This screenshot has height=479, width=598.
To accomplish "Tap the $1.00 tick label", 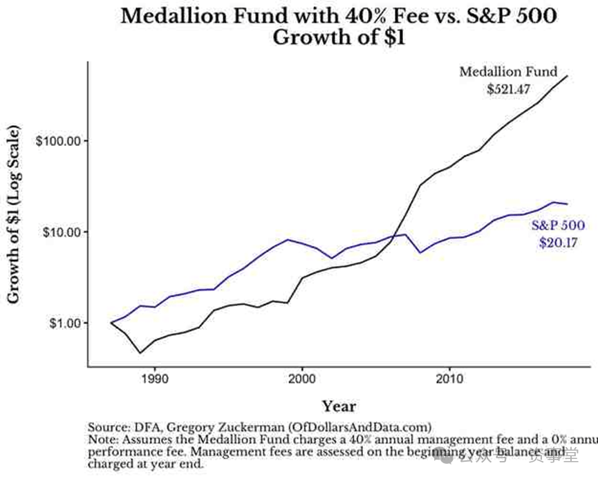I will tap(62, 323).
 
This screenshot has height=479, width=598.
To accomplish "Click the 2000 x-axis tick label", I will tap(302, 379).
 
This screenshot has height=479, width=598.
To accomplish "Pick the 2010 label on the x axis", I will tap(449, 379).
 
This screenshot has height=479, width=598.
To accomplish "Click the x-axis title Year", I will tap(339, 406).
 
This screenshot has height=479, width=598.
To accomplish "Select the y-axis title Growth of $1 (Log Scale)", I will tap(14, 214).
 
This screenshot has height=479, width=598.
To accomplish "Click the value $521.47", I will tap(507, 88).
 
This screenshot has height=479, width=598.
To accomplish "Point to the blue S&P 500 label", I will tap(558, 225).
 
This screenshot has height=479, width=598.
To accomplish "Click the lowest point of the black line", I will tap(140, 353).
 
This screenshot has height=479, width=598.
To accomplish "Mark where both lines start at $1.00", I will tap(111, 323).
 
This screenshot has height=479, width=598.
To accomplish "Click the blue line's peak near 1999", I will tap(288, 239).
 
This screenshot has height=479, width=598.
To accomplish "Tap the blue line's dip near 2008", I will tap(420, 252).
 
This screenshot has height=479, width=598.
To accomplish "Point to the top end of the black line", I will tap(568, 76).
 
